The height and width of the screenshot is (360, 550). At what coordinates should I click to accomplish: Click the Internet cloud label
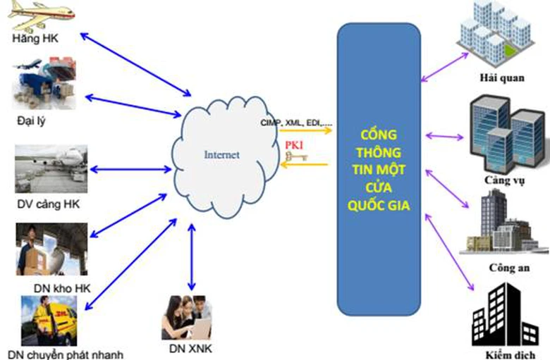point(221,154)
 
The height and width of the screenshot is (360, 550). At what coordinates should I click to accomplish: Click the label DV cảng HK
point(47,204)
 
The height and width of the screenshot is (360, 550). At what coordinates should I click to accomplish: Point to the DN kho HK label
point(61,287)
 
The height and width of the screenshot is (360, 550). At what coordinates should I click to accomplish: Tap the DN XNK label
point(188,348)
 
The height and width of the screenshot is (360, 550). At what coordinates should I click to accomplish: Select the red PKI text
point(295,145)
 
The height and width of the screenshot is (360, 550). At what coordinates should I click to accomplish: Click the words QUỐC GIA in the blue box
point(379,205)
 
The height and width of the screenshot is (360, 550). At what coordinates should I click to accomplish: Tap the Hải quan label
point(501,78)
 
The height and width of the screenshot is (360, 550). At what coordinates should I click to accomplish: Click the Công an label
point(505,268)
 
